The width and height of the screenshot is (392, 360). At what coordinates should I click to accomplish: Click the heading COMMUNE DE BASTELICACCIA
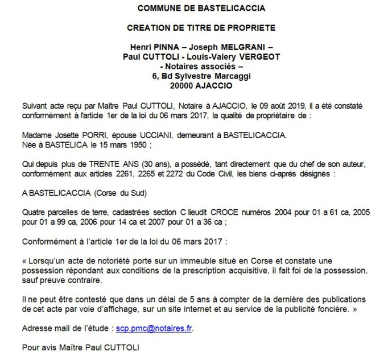click(194, 9)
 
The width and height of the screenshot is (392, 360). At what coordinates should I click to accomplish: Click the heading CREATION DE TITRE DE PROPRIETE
click(194, 27)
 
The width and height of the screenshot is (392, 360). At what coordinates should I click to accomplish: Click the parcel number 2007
click(137, 222)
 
